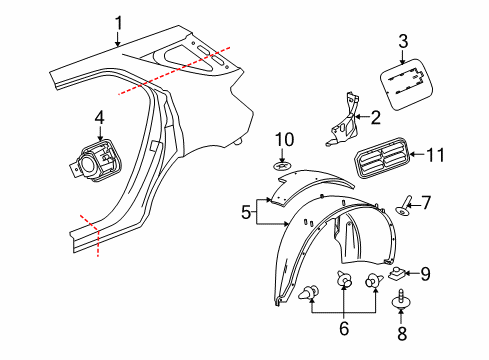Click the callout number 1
118,22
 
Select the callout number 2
375,117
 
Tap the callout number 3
403,41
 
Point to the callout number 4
99,118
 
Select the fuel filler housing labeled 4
98,159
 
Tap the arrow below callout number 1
118,41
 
